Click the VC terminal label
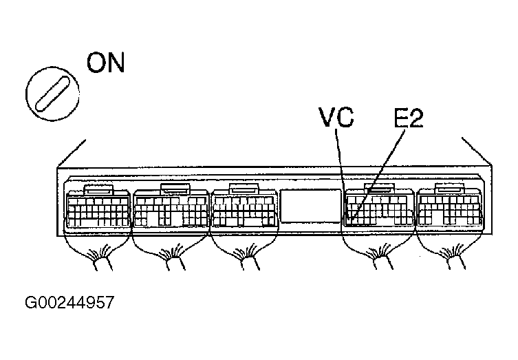pyautogui.click(x=336, y=118)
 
